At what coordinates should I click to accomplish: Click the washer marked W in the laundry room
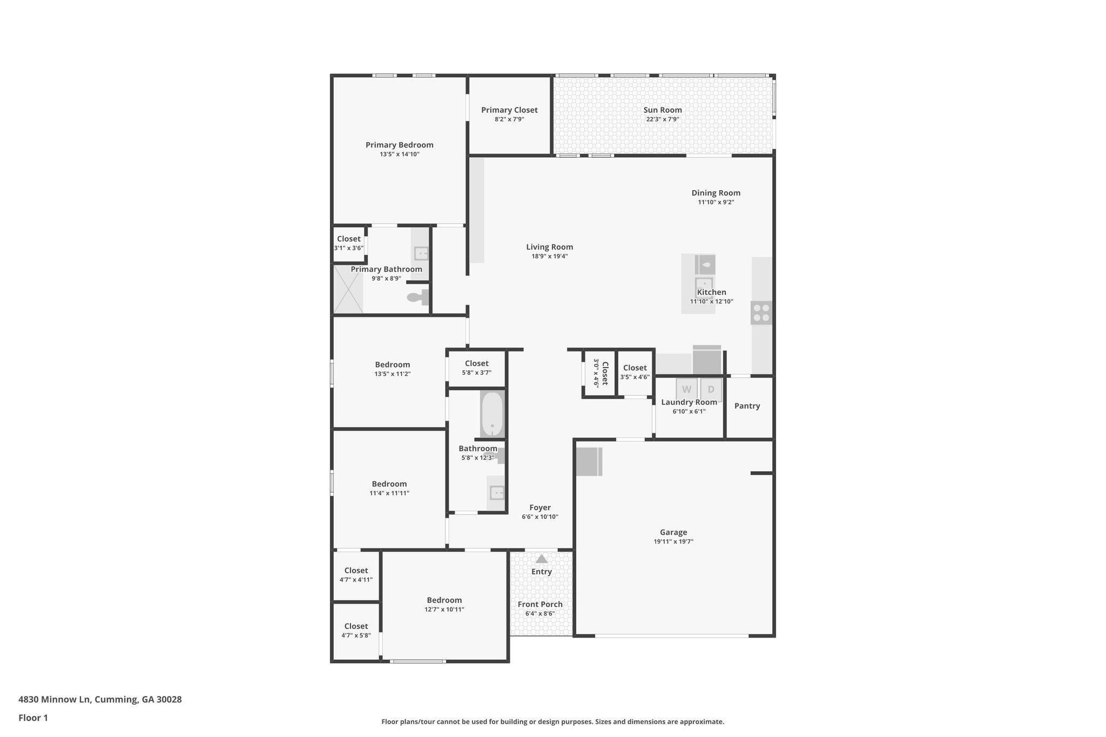coord(686,389)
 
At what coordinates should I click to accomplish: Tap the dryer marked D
coord(711,389)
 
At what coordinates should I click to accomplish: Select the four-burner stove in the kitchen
coord(761,313)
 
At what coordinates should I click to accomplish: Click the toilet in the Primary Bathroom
coord(417,297)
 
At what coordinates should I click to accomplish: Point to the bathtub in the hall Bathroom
coord(492,414)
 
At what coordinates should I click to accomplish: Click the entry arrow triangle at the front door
coord(541,559)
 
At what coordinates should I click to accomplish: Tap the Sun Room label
coord(663,110)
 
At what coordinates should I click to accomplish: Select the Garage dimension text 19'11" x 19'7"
coord(673,542)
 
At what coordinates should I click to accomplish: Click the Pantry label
coord(747,406)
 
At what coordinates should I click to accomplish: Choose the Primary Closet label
coord(509,110)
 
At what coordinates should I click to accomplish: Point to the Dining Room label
coord(716,193)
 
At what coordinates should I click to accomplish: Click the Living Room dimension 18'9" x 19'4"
coord(549,256)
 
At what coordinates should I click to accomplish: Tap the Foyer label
coord(540,508)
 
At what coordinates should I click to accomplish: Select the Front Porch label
coord(540,604)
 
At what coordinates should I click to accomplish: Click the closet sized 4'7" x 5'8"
coord(356,631)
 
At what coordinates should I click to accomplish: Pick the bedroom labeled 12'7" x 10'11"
coord(444,605)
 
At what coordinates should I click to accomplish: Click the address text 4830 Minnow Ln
coord(100,699)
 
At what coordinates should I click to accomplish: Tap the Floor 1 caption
coord(33,718)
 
